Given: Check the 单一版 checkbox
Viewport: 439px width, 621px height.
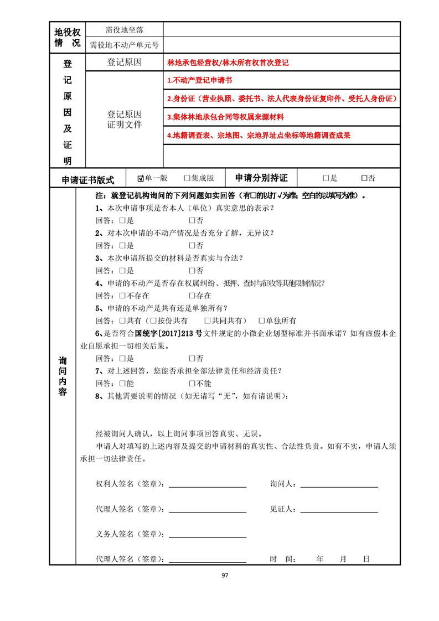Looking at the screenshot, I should click(x=141, y=178).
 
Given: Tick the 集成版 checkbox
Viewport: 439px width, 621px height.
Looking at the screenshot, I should click(x=187, y=178).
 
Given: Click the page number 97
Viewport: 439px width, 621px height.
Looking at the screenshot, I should click(x=225, y=575).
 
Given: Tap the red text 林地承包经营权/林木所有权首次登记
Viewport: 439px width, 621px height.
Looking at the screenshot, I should click(x=228, y=63).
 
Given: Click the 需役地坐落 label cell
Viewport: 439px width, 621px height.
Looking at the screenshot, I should click(x=125, y=29).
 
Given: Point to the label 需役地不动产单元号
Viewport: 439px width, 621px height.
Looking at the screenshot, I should click(x=125, y=45).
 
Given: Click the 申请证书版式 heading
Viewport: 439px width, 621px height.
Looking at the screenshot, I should click(x=88, y=179).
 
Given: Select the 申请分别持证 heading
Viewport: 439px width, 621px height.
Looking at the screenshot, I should click(x=261, y=178).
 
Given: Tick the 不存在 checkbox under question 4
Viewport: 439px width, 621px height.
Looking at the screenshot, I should click(x=122, y=296).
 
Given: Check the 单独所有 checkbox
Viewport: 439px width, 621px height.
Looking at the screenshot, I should click(x=262, y=321).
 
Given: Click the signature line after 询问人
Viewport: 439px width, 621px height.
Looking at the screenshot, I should click(x=338, y=485).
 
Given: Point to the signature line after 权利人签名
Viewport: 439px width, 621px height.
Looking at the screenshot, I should click(x=208, y=485).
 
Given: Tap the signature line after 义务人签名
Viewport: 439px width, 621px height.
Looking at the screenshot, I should click(x=208, y=535).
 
